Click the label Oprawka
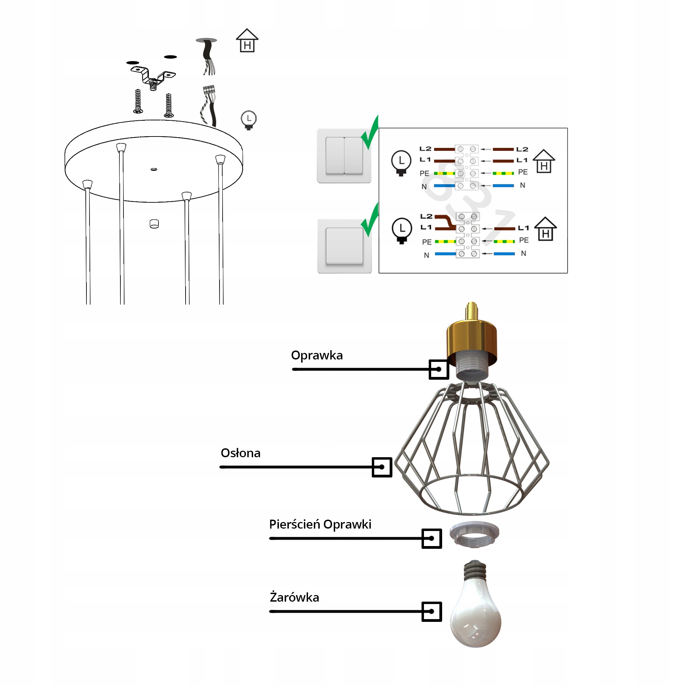tap(317, 355)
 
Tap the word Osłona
tap(240, 453)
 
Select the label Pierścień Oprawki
tap(320, 524)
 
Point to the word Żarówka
tap(294, 598)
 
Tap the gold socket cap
tap(472, 335)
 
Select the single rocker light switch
tap(344, 246)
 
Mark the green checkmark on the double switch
tap(371, 133)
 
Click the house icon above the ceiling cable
tap(247, 41)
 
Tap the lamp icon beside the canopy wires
tap(249, 120)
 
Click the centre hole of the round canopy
tap(154, 169)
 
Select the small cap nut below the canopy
tap(154, 224)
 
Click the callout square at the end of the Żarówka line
tap(431, 612)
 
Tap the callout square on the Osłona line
tap(382, 467)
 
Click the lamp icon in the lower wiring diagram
tap(402, 230)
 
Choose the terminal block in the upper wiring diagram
tap(466, 167)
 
